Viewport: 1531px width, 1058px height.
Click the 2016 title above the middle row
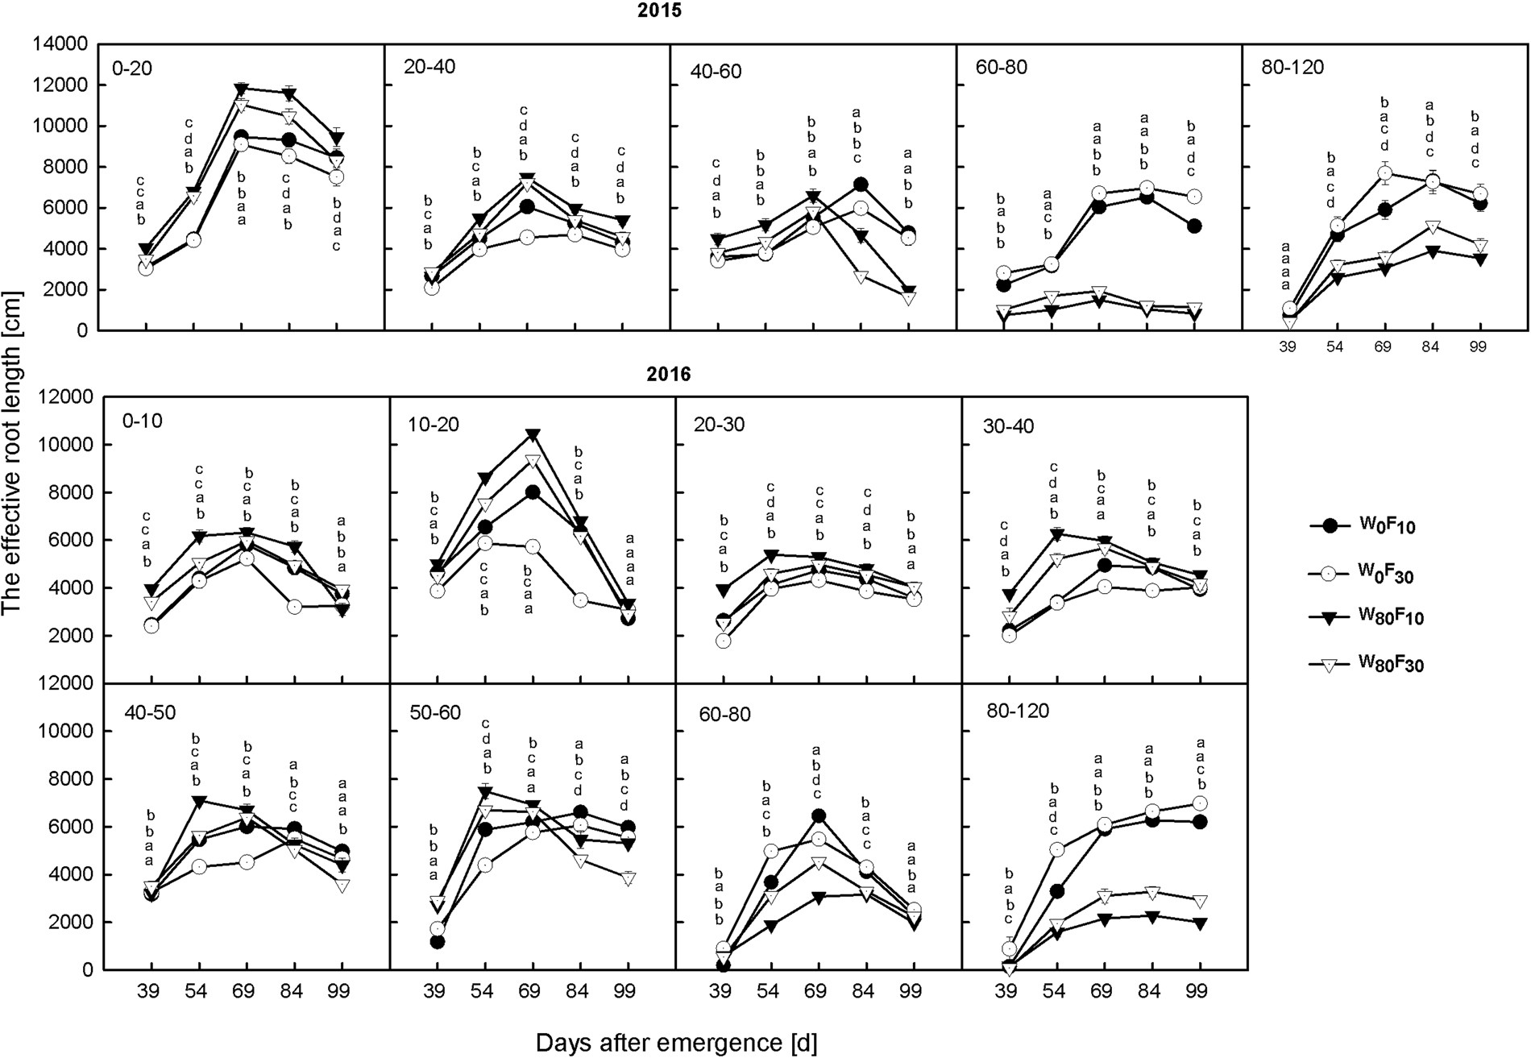tap(669, 375)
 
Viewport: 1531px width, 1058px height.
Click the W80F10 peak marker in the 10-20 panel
tap(533, 435)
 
